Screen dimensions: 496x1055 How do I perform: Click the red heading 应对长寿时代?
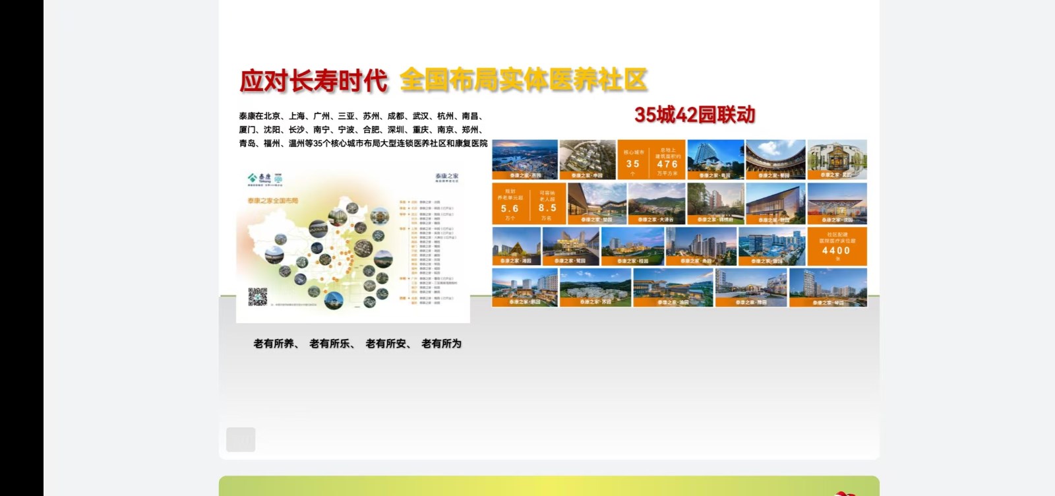tap(313, 81)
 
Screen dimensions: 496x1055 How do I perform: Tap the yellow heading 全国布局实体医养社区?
tap(524, 80)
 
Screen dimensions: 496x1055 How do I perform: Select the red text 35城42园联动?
tap(694, 115)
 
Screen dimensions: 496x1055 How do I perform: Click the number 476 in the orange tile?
tap(667, 164)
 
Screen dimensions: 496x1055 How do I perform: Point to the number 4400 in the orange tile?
tap(836, 251)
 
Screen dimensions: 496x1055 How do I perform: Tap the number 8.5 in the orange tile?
tap(547, 208)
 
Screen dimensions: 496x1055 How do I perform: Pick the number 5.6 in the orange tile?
tap(510, 208)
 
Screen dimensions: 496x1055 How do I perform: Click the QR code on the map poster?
tap(257, 297)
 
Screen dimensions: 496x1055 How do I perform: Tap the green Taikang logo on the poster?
tap(259, 177)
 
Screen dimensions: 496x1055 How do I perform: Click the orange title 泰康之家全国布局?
tap(273, 200)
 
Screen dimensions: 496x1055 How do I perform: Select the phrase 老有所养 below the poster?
tap(274, 344)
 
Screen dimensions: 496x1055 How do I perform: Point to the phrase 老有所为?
tap(441, 344)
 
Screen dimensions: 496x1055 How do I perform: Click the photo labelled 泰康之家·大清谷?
tap(656, 204)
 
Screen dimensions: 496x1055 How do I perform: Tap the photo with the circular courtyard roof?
tap(775, 159)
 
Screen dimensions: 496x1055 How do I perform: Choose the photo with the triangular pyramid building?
tap(516, 245)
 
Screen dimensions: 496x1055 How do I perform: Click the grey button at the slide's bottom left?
tap(241, 439)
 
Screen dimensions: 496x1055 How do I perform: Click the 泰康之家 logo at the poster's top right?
tap(446, 177)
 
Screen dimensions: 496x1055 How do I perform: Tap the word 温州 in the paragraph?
tap(297, 143)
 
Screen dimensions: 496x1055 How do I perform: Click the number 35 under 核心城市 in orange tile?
tap(633, 164)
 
